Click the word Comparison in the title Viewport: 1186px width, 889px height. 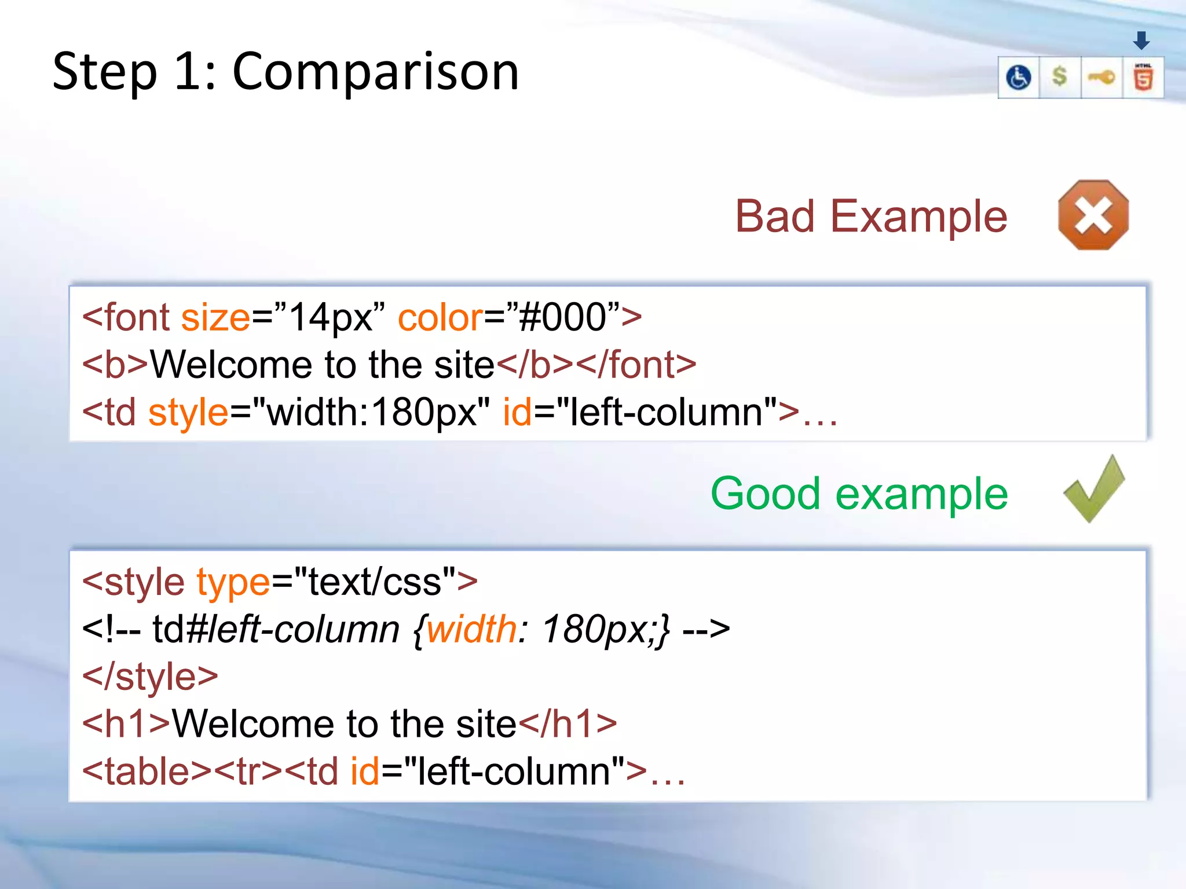coord(375,72)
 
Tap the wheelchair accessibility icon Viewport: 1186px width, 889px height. coord(1019,78)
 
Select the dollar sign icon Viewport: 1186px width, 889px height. coord(1060,76)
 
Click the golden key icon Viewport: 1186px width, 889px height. coord(1101,77)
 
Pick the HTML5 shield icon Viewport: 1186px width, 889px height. coord(1143,78)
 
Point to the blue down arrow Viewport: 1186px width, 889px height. coord(1141,41)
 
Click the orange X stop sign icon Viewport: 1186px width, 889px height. coord(1093,215)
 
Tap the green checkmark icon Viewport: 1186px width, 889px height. coord(1093,490)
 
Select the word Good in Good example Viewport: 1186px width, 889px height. coord(765,494)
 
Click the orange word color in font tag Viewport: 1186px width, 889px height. coord(440,318)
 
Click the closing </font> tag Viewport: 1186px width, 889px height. coord(636,365)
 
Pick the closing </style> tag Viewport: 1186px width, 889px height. coord(150,677)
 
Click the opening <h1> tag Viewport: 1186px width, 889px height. coord(126,724)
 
